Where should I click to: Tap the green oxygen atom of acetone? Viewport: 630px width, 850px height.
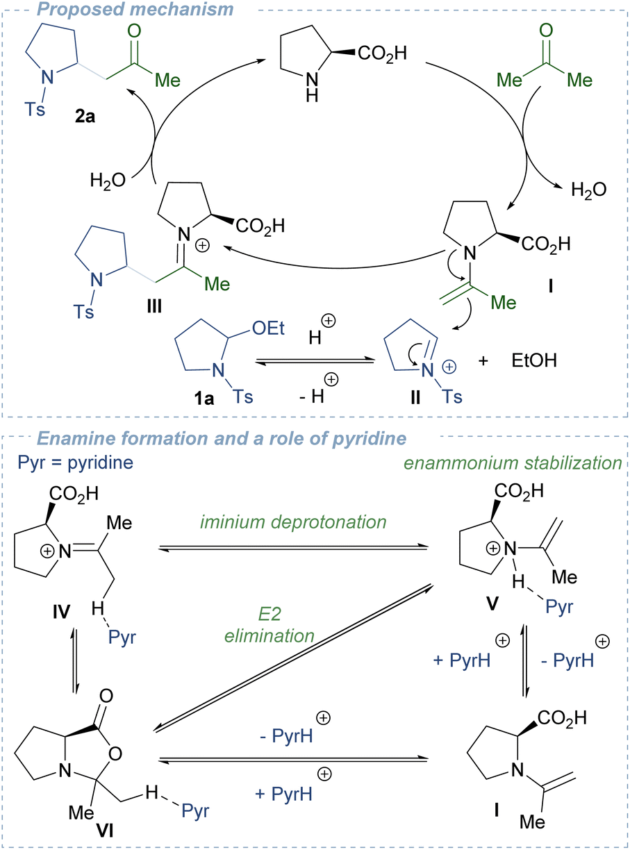point(547,32)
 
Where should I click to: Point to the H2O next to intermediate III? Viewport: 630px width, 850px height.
point(107,182)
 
